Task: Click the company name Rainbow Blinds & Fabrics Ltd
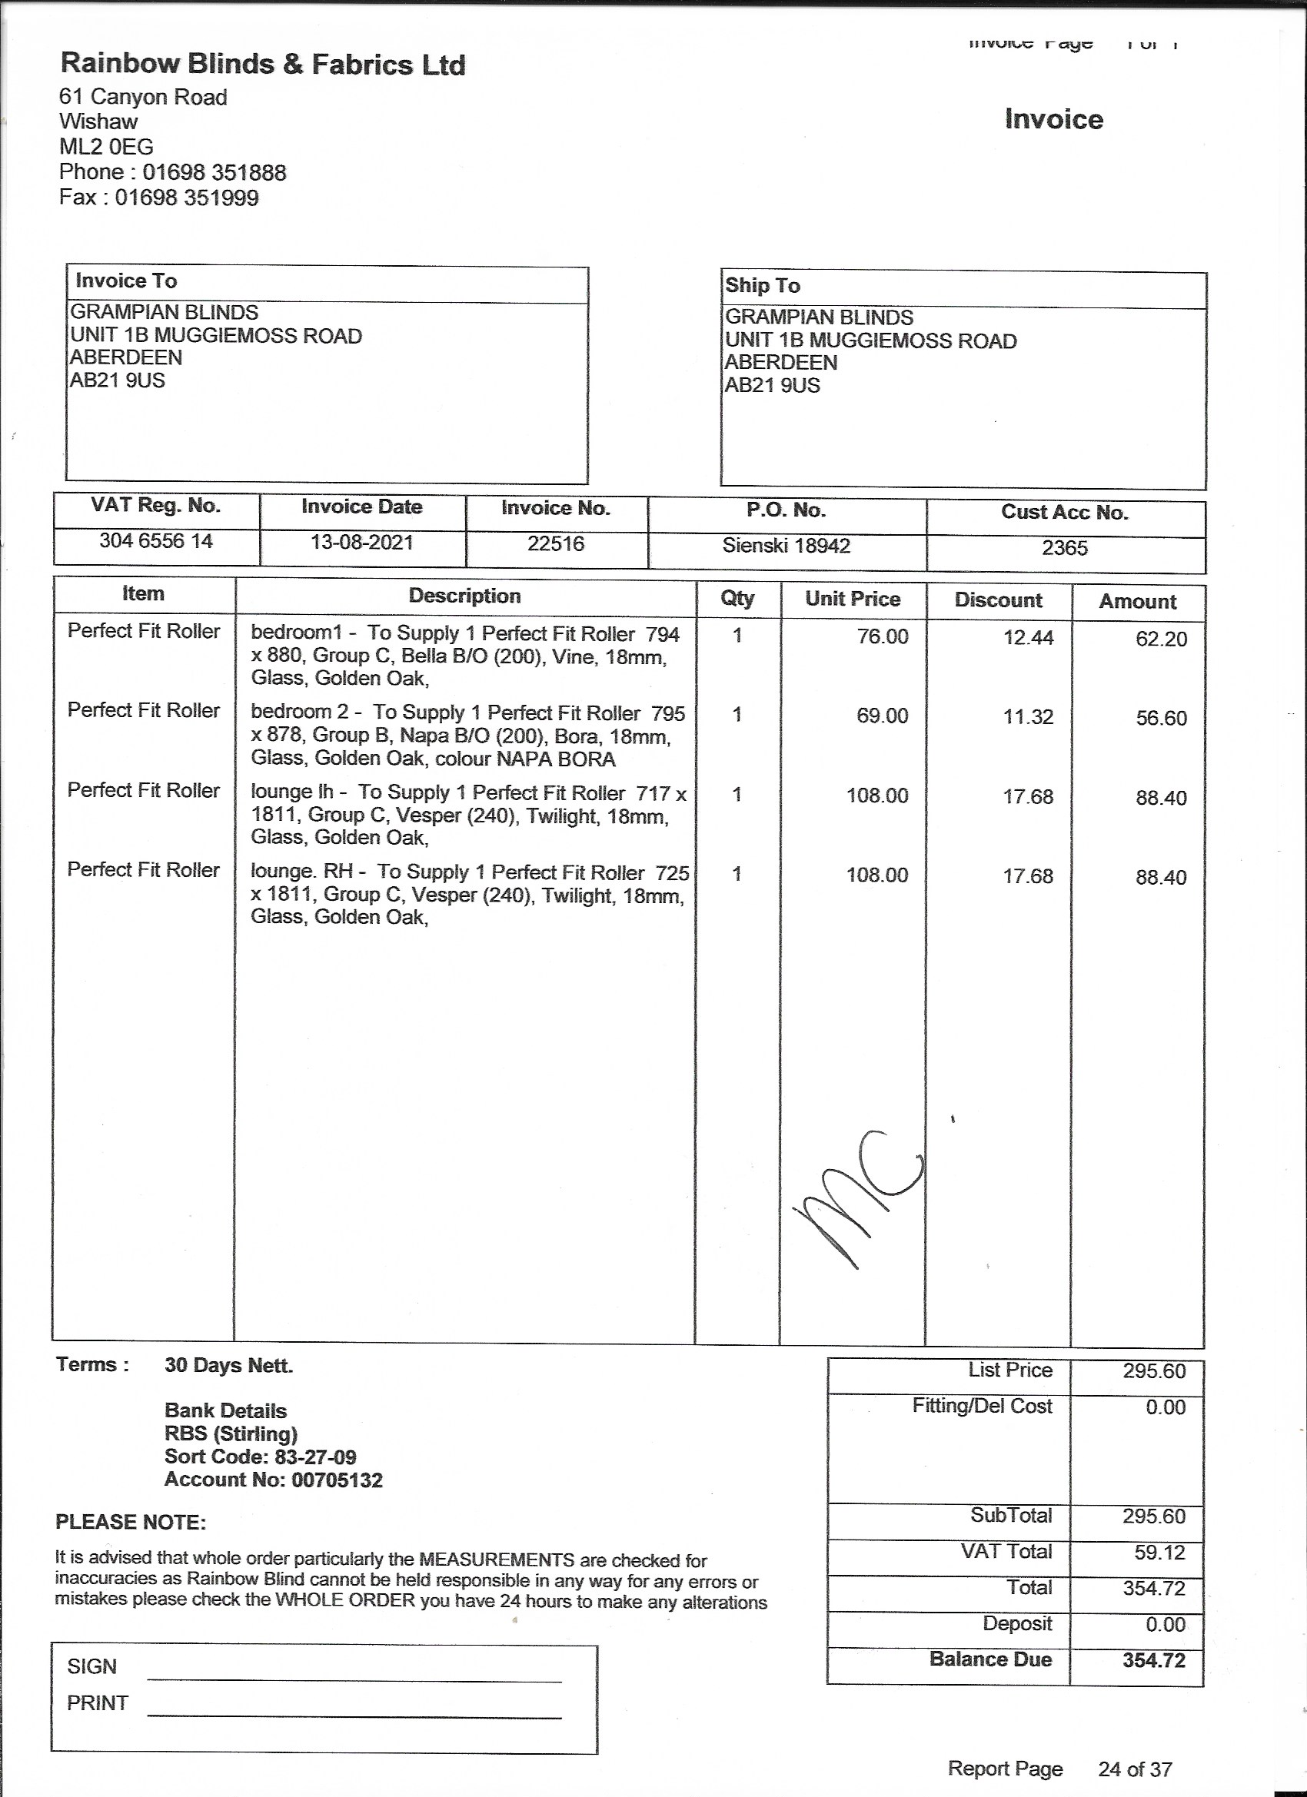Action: tap(262, 65)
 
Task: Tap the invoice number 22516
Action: tap(556, 543)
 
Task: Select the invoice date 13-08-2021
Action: tap(361, 543)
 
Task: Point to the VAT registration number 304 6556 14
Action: tap(156, 541)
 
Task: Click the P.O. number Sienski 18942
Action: tap(786, 545)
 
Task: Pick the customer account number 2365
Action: tap(1065, 547)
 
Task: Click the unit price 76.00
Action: tap(882, 636)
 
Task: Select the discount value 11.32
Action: tap(1028, 717)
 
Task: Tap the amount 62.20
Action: tap(1161, 639)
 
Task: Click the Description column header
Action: tap(464, 596)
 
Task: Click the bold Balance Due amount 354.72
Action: tap(1153, 1660)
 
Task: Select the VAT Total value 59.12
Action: tap(1159, 1552)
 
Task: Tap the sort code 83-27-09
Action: tap(314, 1457)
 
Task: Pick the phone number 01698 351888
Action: tap(214, 173)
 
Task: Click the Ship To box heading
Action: tap(763, 285)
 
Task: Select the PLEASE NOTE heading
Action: tap(131, 1522)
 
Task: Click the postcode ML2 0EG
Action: tap(106, 147)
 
